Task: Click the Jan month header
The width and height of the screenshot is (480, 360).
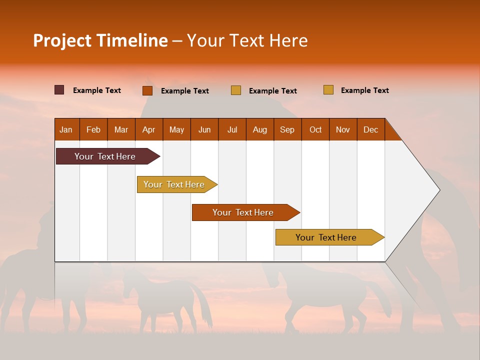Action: pos(66,129)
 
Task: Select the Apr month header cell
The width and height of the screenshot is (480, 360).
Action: pos(149,129)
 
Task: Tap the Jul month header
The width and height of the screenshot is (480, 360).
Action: pos(232,129)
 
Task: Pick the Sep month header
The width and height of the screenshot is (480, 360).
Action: pos(287,129)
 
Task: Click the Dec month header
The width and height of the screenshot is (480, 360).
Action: pos(370,129)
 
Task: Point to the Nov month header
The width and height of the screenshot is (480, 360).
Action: pos(343,129)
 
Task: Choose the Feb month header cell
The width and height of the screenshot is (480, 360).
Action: pos(93,129)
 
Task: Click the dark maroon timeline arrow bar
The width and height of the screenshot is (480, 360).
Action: pos(105,156)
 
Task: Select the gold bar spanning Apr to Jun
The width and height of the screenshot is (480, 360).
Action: pos(174,184)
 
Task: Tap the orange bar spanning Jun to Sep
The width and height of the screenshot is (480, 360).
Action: pos(243,212)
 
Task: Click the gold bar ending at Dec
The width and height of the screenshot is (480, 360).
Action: pos(326,237)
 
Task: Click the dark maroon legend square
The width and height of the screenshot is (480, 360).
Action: pos(59,90)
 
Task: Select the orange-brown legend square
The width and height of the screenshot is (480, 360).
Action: pos(147,90)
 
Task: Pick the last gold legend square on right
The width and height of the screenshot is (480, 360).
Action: pos(328,90)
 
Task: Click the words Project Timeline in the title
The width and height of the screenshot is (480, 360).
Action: pos(100,40)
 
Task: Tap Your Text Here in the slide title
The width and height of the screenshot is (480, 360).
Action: pos(247,40)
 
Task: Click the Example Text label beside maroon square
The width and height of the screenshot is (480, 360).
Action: pos(97,90)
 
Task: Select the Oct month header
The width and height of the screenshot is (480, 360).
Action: pos(315,129)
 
